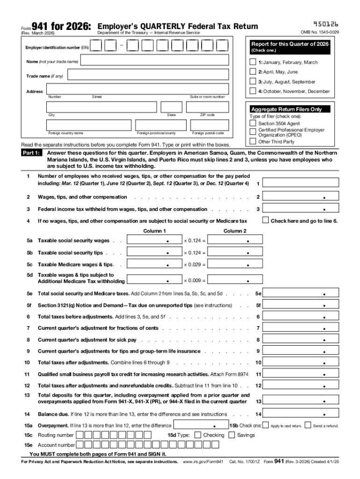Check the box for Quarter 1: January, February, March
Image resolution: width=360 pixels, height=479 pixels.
pos(253,62)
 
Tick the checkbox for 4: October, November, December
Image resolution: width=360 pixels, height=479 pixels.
pos(253,91)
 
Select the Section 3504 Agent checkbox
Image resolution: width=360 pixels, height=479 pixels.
pos(253,123)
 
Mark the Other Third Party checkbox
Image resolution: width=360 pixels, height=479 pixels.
pos(253,141)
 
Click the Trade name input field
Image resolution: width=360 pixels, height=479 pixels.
pos(149,76)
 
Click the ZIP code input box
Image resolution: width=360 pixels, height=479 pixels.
pos(207,107)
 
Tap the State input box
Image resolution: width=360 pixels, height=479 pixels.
pos(171,107)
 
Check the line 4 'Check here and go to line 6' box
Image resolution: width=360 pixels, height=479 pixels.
pos(266,220)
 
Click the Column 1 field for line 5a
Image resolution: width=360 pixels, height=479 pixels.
pos(154,240)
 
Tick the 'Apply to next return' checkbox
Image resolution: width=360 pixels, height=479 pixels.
pos(266,425)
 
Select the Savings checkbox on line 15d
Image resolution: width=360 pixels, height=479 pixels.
pos(232,435)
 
